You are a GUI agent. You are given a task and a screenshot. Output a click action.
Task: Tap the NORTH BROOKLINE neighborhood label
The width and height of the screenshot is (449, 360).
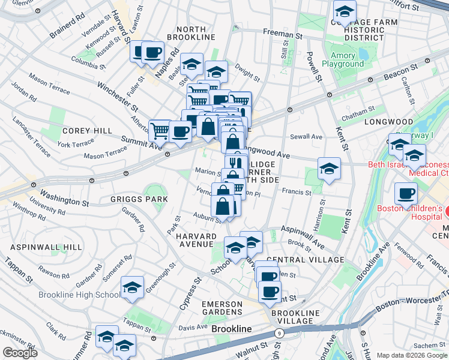[195, 33]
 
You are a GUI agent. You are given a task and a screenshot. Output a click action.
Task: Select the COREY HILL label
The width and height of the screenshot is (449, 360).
[87, 130]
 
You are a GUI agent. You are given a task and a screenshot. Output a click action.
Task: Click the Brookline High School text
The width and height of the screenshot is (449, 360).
[79, 295]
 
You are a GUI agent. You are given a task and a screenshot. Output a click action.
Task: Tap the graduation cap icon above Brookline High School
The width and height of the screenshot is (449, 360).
[132, 289]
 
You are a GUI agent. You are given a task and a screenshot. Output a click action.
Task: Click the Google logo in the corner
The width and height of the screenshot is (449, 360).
[20, 353]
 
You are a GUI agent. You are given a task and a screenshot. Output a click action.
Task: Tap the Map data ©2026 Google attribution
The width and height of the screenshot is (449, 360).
[412, 355]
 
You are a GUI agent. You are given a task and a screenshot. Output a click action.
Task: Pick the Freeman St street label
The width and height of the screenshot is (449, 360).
[283, 35]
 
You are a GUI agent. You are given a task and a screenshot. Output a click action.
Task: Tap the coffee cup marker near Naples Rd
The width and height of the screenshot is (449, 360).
[152, 52]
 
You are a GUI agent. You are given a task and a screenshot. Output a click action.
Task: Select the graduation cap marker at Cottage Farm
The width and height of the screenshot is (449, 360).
[345, 11]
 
